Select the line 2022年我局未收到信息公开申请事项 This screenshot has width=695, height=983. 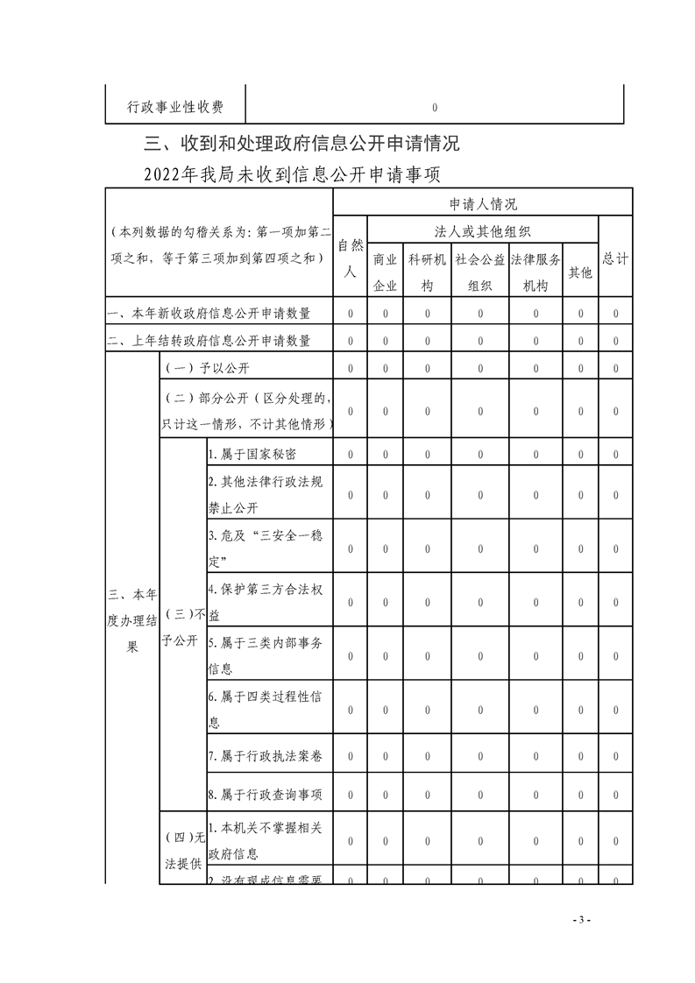[294, 175]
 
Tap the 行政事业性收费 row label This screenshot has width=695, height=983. [175, 107]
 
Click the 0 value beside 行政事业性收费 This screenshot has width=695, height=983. [435, 108]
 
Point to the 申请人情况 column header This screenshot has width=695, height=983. [483, 204]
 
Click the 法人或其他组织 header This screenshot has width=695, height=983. [483, 231]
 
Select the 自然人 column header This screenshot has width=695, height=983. [350, 258]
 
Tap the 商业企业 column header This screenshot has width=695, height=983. [385, 272]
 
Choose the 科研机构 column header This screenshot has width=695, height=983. [428, 272]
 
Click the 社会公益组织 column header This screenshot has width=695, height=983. [479, 272]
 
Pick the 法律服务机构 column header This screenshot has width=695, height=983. [535, 272]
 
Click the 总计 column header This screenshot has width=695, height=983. [615, 258]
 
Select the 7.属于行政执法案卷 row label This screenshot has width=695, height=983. [266, 755]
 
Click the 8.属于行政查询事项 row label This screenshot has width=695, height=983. [266, 795]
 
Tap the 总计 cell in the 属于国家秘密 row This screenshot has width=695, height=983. [615, 455]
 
